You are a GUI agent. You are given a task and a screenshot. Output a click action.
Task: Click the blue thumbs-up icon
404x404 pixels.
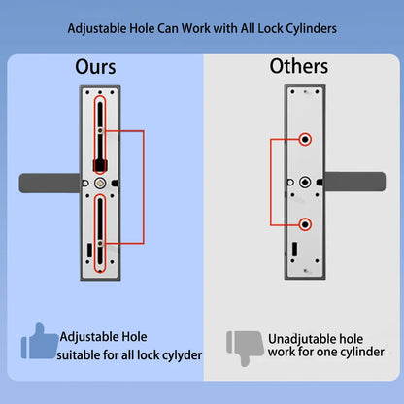click(x=38, y=343)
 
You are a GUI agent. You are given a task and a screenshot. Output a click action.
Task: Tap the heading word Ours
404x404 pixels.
click(x=95, y=67)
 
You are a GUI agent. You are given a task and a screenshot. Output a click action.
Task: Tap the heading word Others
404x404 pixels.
click(x=298, y=67)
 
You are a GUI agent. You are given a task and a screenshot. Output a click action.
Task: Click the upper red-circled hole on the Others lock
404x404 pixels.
click(x=305, y=140)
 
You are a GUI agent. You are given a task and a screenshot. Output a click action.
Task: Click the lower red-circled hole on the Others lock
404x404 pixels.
click(x=305, y=224)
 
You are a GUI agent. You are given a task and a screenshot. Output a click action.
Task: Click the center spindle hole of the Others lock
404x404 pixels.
click(x=305, y=182)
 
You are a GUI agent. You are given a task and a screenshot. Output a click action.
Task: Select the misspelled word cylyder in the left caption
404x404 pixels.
click(x=178, y=355)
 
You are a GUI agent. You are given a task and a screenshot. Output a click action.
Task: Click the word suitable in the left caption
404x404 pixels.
click(x=84, y=355)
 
